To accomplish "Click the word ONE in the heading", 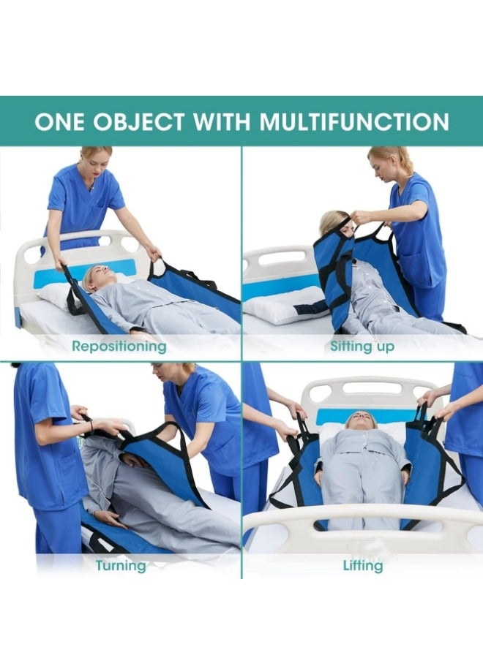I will pyautogui.click(x=59, y=121).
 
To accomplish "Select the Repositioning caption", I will pyautogui.click(x=119, y=346).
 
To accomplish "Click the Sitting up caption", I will pyautogui.click(x=362, y=346).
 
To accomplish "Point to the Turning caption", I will pyautogui.click(x=120, y=565).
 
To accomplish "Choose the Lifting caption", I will pyautogui.click(x=362, y=565).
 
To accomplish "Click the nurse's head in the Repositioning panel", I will pyautogui.click(x=96, y=161).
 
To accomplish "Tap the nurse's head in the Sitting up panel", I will pyautogui.click(x=385, y=165).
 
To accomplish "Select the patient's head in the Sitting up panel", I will pyautogui.click(x=334, y=222).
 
